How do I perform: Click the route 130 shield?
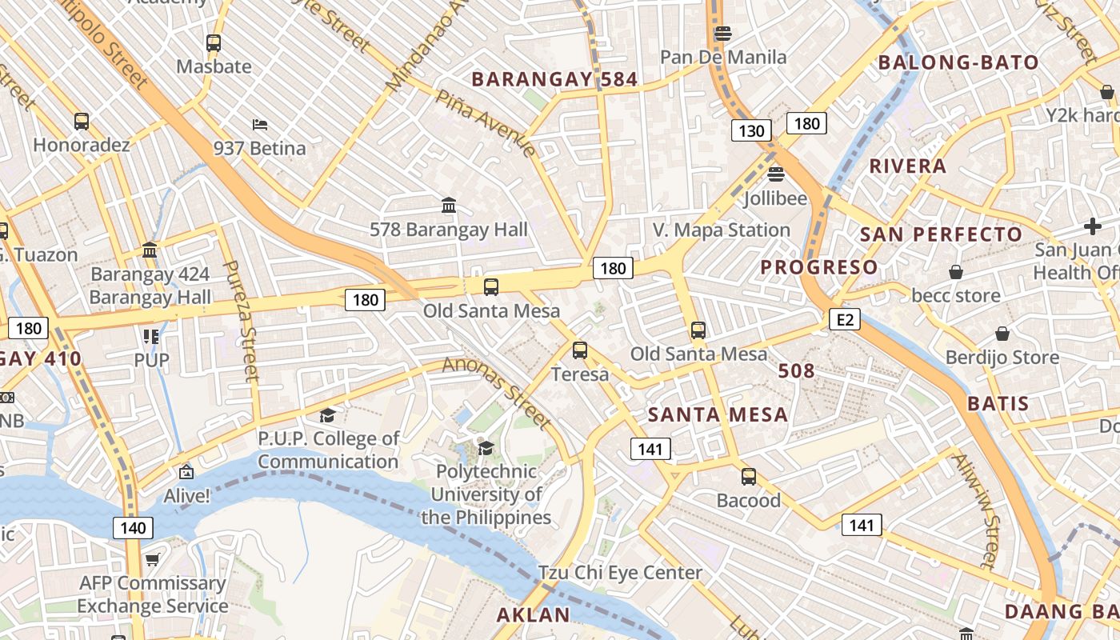tap(750, 130)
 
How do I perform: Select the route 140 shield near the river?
tap(134, 527)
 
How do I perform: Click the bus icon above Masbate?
tap(214, 43)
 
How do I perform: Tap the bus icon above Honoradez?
tap(82, 122)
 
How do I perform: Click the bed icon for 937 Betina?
tap(259, 125)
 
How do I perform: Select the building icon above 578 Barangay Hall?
tap(449, 206)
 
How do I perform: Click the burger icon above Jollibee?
tap(775, 174)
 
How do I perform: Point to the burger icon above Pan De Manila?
tap(723, 34)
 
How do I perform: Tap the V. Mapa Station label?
tap(722, 230)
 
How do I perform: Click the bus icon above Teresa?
tap(580, 350)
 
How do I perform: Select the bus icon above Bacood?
tap(749, 477)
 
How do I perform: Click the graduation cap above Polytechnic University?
tap(486, 447)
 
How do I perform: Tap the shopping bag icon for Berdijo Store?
tap(1002, 334)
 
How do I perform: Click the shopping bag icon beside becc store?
tap(956, 273)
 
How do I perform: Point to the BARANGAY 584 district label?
tap(554, 79)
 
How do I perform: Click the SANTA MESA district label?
tap(718, 414)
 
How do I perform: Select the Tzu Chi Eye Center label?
tap(620, 573)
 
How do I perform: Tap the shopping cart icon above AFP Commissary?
tap(152, 560)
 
